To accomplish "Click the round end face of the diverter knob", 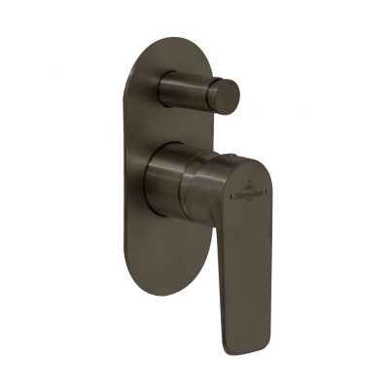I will click(x=228, y=94).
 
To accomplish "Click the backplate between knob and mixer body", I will click(x=165, y=131).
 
